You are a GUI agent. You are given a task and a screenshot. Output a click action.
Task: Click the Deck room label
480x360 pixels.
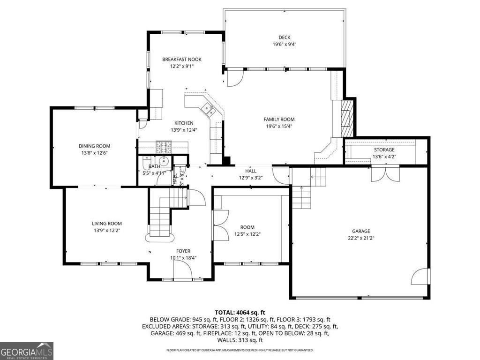(x=285, y=37)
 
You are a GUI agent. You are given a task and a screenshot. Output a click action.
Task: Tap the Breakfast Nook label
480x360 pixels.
(x=182, y=60)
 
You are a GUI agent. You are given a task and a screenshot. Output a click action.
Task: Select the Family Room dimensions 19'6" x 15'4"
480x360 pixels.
(x=278, y=126)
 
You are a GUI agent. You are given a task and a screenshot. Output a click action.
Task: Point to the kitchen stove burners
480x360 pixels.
(x=164, y=147)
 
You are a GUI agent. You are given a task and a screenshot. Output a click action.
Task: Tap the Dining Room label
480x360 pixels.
(x=94, y=146)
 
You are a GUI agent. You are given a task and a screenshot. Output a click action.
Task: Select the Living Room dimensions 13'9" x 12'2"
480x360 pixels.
(x=106, y=230)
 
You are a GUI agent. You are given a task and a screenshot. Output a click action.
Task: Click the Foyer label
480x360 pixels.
(x=183, y=251)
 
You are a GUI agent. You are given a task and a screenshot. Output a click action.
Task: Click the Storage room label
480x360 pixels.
(x=383, y=150)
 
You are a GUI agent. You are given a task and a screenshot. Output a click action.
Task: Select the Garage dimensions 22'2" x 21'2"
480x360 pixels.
(x=361, y=238)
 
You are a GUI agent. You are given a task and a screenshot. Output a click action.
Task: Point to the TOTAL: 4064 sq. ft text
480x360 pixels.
(x=240, y=312)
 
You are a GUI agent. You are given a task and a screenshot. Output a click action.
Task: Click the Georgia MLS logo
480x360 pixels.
(x=27, y=351)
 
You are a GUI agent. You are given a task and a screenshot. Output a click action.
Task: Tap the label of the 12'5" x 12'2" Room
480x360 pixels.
(x=247, y=227)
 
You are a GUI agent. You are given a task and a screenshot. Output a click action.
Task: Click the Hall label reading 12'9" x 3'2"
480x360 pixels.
(x=250, y=171)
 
